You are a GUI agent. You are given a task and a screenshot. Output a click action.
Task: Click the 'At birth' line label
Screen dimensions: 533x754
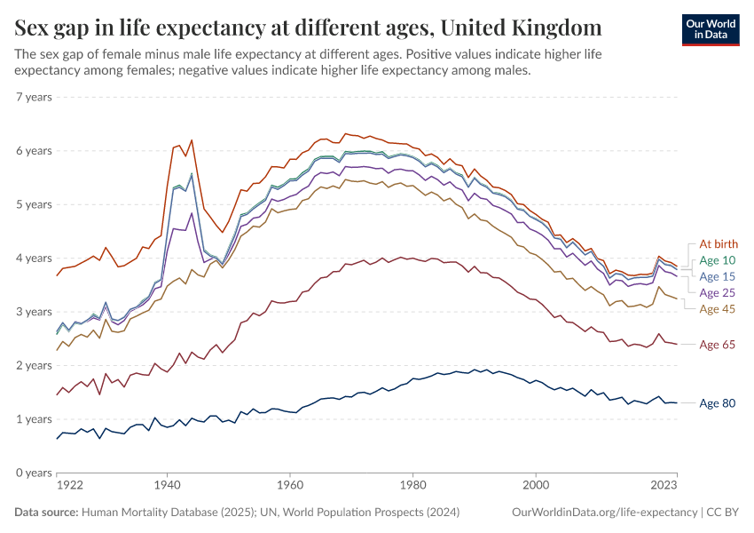[718, 244]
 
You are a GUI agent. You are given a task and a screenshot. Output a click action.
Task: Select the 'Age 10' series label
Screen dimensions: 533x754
[718, 260]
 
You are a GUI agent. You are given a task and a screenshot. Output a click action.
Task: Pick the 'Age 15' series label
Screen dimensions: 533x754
[718, 276]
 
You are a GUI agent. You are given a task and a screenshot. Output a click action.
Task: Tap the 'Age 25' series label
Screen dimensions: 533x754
[718, 292]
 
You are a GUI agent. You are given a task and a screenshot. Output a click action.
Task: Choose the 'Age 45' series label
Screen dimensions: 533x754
[718, 308]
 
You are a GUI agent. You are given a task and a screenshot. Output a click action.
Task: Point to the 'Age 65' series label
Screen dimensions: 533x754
[718, 345]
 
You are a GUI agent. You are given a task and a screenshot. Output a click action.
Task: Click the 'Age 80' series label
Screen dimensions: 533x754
[718, 403]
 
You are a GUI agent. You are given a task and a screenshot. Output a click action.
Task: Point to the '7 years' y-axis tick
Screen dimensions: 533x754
[35, 97]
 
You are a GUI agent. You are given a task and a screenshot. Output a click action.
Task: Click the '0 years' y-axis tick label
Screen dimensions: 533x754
[35, 473]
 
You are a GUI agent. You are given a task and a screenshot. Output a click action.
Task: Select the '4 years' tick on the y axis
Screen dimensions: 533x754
[35, 258]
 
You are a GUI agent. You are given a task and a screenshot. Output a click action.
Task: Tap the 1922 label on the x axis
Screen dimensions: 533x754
[70, 486]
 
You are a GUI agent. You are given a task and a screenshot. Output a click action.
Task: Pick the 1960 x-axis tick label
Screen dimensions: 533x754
[289, 486]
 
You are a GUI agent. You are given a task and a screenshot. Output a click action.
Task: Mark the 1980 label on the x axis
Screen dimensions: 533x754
[412, 486]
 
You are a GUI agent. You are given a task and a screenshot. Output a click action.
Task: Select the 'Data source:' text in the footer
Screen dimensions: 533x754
[46, 513]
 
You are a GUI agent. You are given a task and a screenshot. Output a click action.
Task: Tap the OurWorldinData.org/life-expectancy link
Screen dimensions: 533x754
[606, 513]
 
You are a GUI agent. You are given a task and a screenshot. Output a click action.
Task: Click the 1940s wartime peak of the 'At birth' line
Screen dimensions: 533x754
[191, 140]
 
